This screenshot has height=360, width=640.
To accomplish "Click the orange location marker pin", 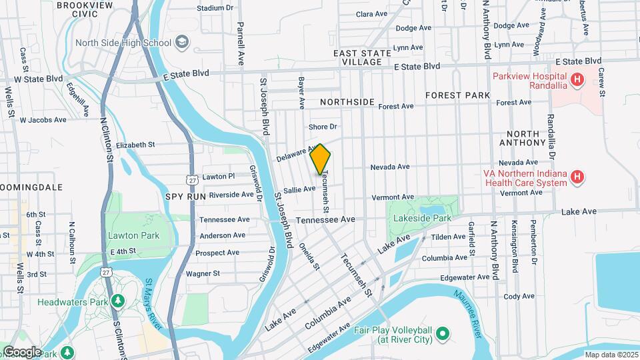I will tap(320, 159).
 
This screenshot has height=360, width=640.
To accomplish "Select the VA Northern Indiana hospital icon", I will tap(578, 177).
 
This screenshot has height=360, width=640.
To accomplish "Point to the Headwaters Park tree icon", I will tap(118, 301).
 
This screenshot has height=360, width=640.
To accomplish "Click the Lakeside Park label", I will tap(423, 217).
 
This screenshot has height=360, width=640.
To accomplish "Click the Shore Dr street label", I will tap(323, 127).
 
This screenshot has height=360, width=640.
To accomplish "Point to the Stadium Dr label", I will tap(215, 9).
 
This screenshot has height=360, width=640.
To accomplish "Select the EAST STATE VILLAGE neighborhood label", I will tap(357, 57).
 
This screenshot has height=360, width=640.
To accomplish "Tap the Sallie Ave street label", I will tap(300, 189).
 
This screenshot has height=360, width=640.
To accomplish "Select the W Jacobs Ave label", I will tap(43, 120).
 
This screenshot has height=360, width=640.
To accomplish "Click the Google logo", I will tap(22, 351).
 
